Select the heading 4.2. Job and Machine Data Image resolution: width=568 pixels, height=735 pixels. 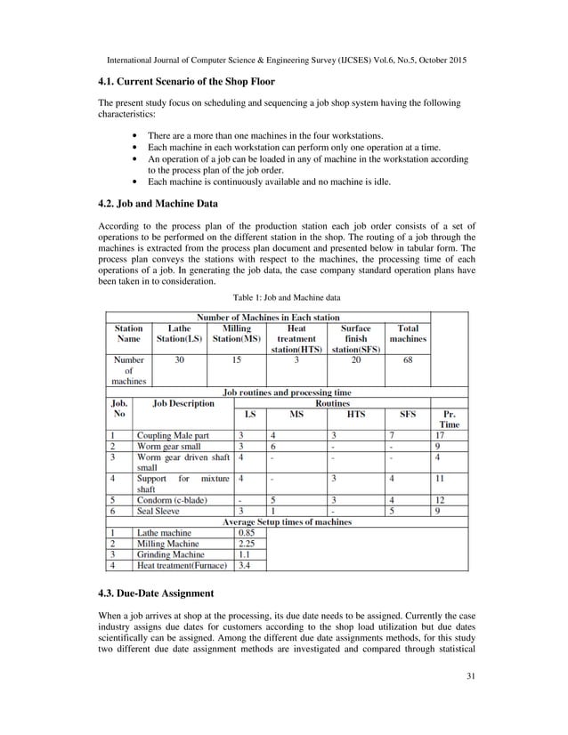tap(158, 203)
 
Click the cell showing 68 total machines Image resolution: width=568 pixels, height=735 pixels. tap(408, 361)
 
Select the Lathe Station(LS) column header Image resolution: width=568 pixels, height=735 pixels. tap(180, 334)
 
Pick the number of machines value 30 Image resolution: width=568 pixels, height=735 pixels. tap(180, 361)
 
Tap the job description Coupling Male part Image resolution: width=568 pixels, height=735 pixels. tap(173, 434)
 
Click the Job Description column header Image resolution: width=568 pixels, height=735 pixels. tap(184, 403)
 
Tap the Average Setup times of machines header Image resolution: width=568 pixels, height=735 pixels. tap(286, 522)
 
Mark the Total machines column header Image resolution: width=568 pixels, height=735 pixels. tap(408, 334)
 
